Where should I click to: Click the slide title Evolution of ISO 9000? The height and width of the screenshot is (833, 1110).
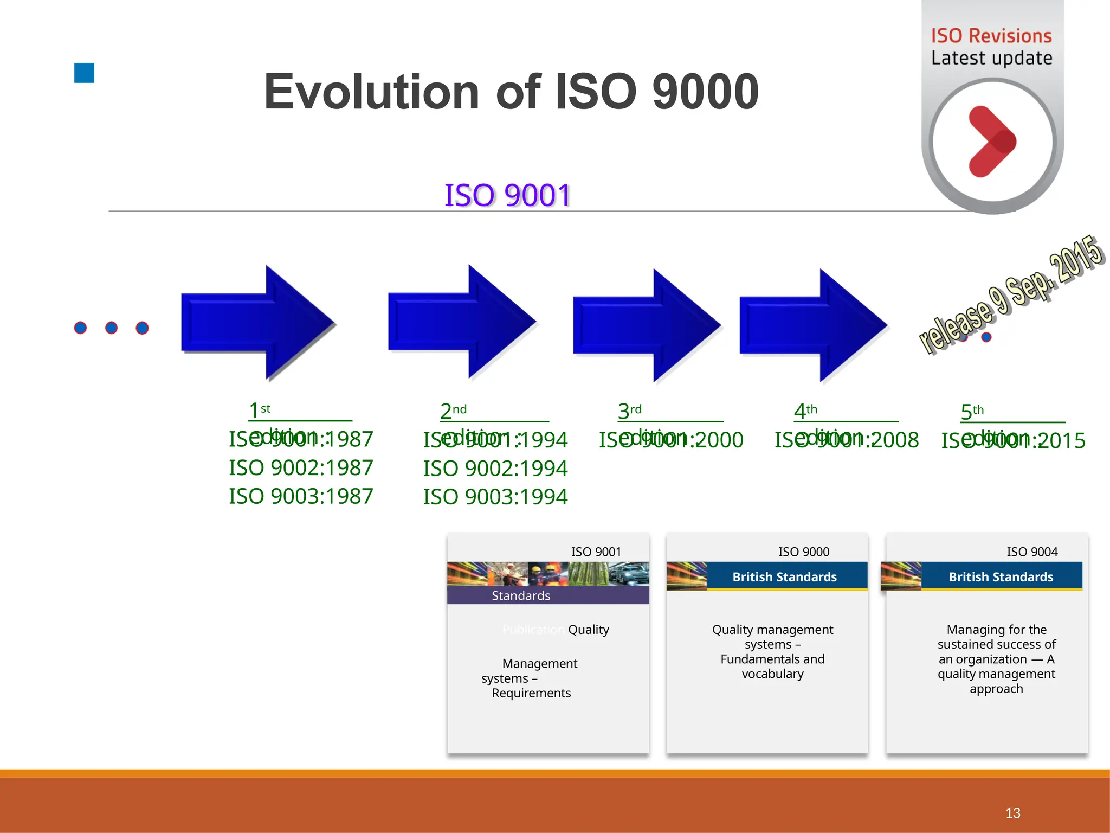click(x=511, y=92)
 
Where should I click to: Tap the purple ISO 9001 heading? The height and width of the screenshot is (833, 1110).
click(x=507, y=195)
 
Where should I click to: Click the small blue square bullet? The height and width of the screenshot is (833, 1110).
click(x=84, y=73)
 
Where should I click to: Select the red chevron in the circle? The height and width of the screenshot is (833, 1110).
click(x=992, y=142)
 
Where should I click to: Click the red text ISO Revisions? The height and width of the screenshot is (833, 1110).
click(x=991, y=36)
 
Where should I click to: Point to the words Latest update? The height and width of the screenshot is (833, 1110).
click(x=991, y=58)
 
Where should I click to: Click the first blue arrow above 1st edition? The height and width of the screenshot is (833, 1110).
click(x=257, y=323)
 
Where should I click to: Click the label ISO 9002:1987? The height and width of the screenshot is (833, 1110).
click(x=301, y=468)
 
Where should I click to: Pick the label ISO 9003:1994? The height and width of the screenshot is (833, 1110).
click(x=495, y=497)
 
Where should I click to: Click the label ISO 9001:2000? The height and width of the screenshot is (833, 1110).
click(x=671, y=440)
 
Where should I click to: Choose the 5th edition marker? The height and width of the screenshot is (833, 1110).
click(x=972, y=412)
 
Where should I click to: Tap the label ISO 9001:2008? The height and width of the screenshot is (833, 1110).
click(x=847, y=440)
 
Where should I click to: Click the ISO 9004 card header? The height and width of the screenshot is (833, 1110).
click(x=1032, y=552)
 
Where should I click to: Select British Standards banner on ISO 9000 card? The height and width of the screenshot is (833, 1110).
click(x=784, y=576)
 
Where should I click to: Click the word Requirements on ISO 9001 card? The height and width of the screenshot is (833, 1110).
click(x=531, y=693)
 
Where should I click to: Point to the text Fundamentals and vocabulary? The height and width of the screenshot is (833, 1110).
click(x=772, y=667)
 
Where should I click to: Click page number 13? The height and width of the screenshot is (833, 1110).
click(x=1012, y=812)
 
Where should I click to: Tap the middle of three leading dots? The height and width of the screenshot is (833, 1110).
click(x=111, y=328)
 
